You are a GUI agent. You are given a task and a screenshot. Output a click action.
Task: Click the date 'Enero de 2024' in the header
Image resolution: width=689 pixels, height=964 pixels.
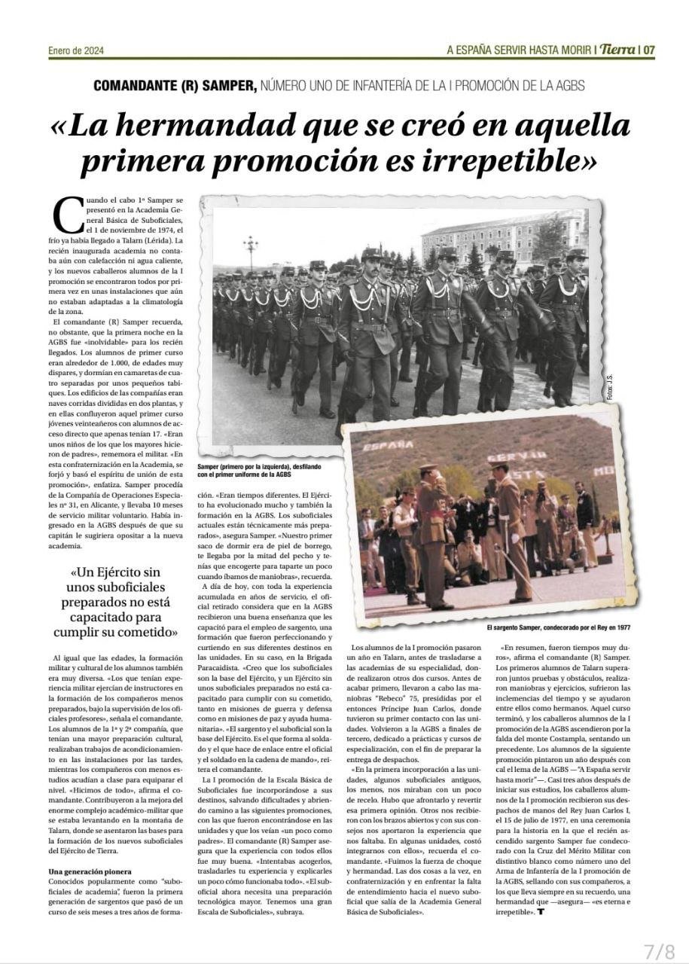pyautogui.click(x=76, y=51)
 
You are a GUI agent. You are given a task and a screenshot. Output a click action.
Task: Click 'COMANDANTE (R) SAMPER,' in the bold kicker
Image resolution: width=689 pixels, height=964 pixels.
pyautogui.click(x=175, y=86)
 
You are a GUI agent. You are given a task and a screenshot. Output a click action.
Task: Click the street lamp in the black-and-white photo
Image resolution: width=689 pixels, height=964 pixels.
pyautogui.click(x=251, y=249)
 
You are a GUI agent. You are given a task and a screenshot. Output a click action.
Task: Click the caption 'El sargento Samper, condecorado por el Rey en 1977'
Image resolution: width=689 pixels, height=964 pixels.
pyautogui.click(x=558, y=627)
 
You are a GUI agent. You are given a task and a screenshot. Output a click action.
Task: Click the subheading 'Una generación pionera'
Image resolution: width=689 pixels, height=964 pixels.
pyautogui.click(x=92, y=871)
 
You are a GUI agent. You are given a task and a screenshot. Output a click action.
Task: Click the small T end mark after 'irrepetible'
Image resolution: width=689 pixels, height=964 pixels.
pyautogui.click(x=541, y=913)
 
